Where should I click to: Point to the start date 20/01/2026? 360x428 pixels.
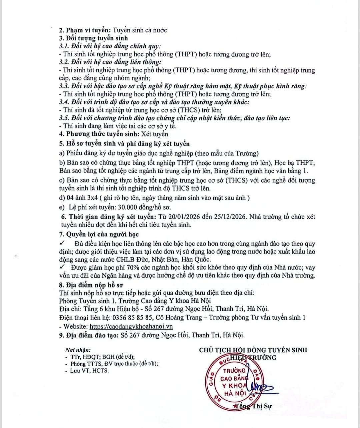click(184, 217)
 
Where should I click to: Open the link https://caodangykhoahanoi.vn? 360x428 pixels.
click(131, 327)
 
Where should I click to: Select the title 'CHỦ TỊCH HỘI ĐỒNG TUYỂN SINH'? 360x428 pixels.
click(253, 350)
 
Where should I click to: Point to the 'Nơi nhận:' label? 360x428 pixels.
click(78, 350)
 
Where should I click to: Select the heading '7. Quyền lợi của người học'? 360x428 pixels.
click(99, 235)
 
